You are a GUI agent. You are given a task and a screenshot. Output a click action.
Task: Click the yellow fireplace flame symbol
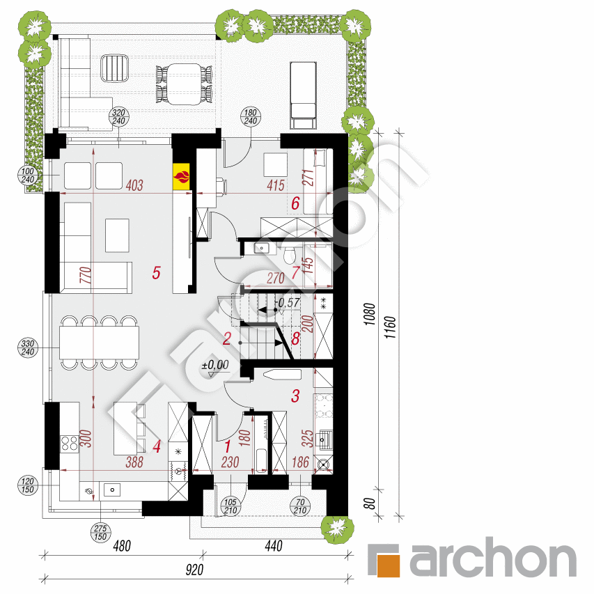pyautogui.click(x=181, y=176)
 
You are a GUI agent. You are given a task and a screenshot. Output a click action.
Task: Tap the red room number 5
pyautogui.click(x=156, y=273)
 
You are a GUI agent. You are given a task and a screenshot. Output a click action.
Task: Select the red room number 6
pyautogui.click(x=295, y=203)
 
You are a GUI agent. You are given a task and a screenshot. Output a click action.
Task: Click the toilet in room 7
pyautogui.click(x=290, y=255)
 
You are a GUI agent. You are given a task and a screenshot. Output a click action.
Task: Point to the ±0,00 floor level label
pyautogui.click(x=215, y=365)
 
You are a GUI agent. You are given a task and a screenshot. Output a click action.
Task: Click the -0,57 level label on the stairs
pyautogui.click(x=288, y=303)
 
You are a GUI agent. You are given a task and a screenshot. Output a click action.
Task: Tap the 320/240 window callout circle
pyautogui.click(x=118, y=117)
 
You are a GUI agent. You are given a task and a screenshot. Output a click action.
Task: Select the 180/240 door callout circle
pyautogui.click(x=251, y=117)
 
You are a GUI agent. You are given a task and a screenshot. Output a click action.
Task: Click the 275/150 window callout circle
pyautogui.click(x=100, y=532)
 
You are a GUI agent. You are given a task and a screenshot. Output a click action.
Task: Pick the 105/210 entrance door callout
pyautogui.click(x=230, y=506)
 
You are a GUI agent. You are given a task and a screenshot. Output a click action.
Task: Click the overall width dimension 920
pyautogui.click(x=194, y=570)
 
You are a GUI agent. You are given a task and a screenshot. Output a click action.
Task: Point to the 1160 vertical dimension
pyautogui.click(x=390, y=327)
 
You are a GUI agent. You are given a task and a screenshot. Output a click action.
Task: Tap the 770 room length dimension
pyautogui.click(x=86, y=275)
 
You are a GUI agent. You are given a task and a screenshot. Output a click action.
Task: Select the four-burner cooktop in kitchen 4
pyautogui.click(x=69, y=444)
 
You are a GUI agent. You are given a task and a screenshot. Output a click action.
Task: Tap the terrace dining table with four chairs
pyautogui.click(x=184, y=84)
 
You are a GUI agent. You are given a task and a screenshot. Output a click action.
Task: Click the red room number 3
pyautogui.click(x=295, y=396)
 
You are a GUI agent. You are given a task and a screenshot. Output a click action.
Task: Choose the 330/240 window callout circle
pyautogui.click(x=28, y=347)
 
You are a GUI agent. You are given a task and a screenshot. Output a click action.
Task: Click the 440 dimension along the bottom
pyautogui.click(x=274, y=546)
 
